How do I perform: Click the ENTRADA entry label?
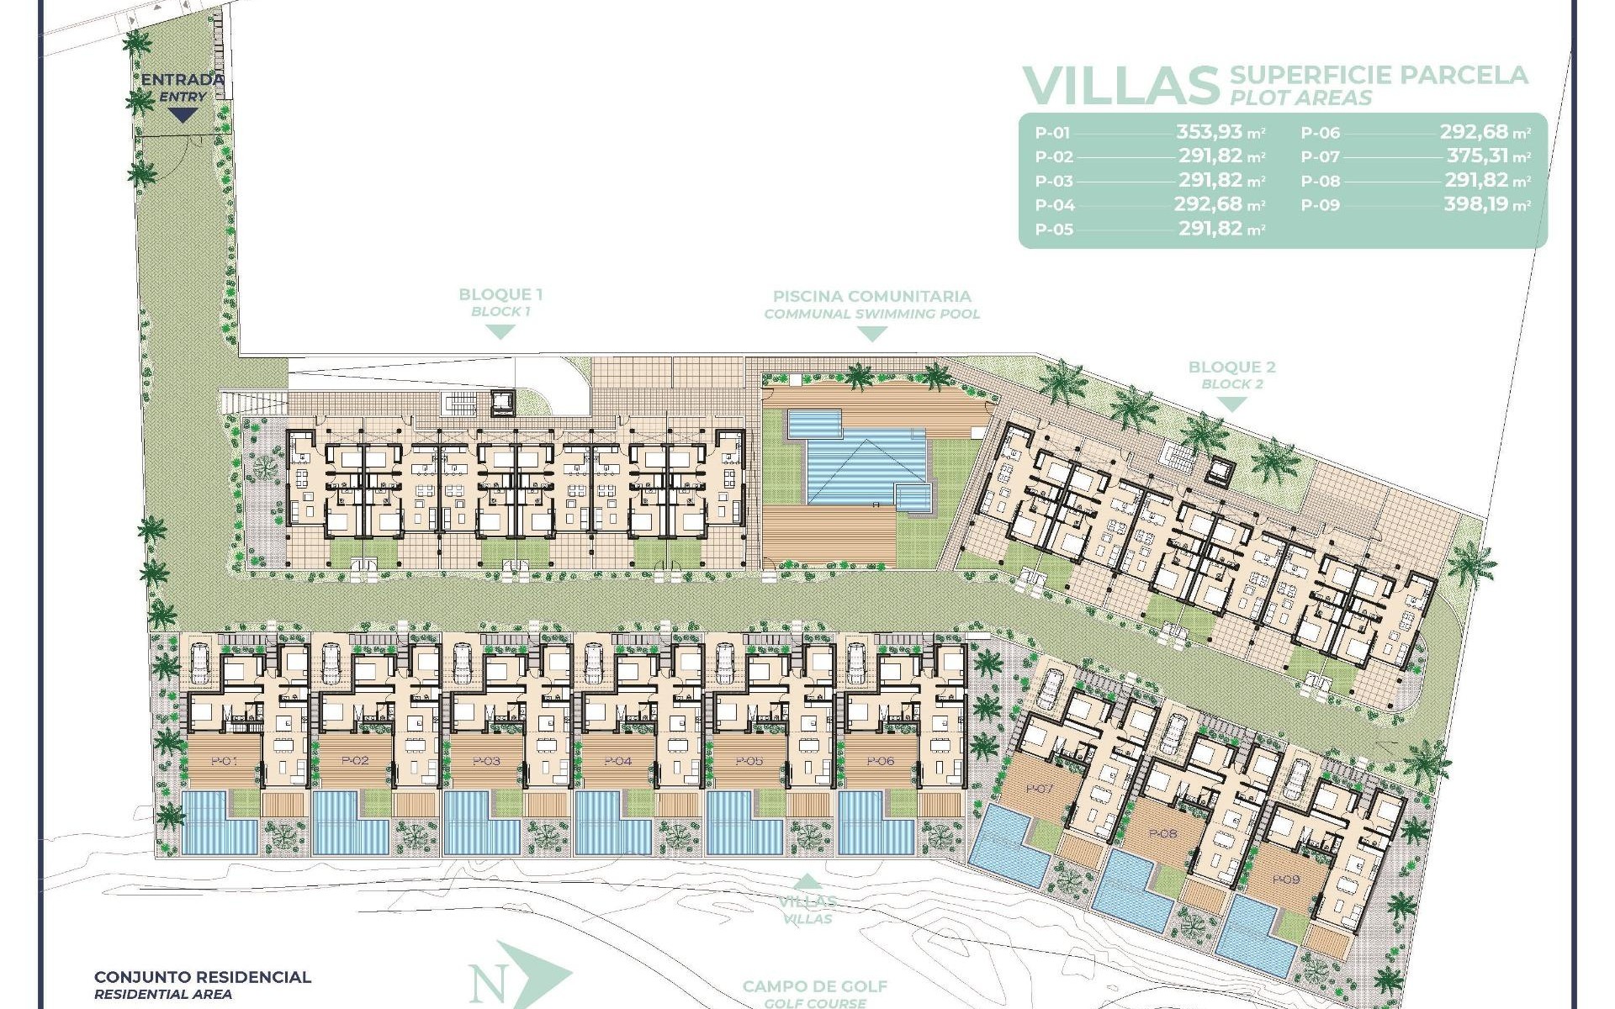183,81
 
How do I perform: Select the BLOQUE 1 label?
500,295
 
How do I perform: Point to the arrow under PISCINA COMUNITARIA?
872,334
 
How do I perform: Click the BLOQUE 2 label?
1231,367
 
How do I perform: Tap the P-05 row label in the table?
1054,230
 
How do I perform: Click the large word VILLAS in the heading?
1121,86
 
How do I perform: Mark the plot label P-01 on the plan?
224,761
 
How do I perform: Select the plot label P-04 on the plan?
617,761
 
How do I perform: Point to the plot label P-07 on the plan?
1040,789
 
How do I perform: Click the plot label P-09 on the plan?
1285,880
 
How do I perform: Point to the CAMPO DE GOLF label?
814,986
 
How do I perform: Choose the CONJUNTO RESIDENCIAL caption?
203,977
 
